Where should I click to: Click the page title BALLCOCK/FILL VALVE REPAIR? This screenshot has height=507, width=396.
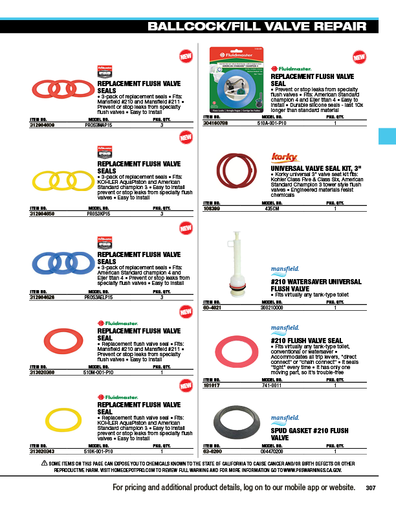click(257, 27)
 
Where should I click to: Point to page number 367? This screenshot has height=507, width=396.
click(371, 488)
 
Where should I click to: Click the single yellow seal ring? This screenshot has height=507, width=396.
click(62, 419)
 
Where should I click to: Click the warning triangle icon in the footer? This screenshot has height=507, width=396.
click(44, 463)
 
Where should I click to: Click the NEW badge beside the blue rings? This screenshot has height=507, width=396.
click(186, 229)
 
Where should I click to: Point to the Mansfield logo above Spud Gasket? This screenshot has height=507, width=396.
click(285, 410)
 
